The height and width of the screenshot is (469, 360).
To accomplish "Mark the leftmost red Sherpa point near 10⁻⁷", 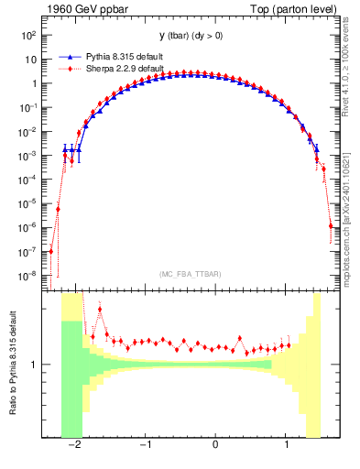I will [51, 251].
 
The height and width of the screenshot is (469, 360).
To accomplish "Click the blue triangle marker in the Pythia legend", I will [65, 56].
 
